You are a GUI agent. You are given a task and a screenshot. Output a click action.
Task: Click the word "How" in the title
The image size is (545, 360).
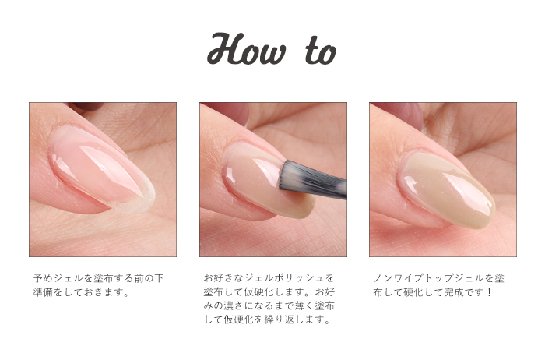(247, 48)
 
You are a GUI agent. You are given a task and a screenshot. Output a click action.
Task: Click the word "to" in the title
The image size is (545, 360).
(321, 51)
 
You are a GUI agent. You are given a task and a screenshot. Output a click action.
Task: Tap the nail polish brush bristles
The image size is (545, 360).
(312, 179)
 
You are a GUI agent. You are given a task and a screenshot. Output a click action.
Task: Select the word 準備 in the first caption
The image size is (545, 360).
(43, 292)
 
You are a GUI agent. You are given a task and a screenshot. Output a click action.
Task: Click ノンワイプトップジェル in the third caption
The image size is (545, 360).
(428, 278)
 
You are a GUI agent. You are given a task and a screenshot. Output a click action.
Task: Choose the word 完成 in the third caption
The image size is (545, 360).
(454, 292)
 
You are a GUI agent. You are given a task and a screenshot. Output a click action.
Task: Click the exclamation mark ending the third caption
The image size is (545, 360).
(490, 292)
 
